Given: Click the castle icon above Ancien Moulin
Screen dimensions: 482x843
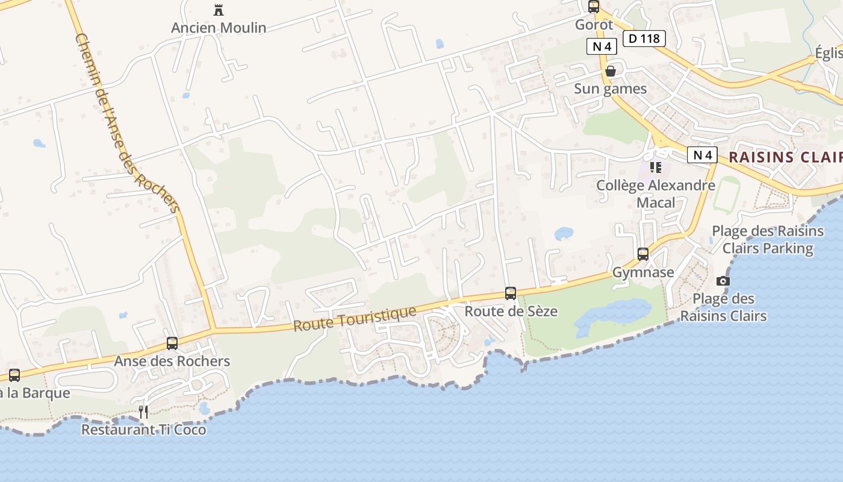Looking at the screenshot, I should (x=218, y=10).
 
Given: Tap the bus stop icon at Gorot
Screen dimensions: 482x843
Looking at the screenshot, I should (x=594, y=7).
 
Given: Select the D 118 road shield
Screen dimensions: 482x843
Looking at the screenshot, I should (x=644, y=39).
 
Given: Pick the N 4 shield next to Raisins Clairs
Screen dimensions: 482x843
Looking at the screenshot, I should (x=702, y=155).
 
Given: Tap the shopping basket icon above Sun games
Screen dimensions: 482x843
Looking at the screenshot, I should (x=611, y=71).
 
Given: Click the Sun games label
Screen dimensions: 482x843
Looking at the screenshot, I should (x=610, y=89).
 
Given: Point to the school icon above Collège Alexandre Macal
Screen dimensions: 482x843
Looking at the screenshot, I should (x=656, y=167).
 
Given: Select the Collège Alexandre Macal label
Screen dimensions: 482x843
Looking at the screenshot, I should (x=656, y=193).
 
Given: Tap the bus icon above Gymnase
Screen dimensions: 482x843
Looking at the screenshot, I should (x=643, y=254).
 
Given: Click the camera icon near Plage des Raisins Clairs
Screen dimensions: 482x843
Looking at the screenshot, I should (x=723, y=281).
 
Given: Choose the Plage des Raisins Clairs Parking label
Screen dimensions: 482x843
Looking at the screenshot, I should (x=768, y=239).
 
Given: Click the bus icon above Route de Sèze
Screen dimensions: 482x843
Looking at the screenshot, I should (x=511, y=293).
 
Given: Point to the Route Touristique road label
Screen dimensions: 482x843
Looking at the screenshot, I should (x=355, y=318).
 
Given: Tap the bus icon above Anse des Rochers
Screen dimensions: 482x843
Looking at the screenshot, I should (x=172, y=343).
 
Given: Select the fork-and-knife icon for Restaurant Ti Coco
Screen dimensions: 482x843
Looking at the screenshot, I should (x=143, y=412).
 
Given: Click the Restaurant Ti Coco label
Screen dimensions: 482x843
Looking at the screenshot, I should (x=143, y=430).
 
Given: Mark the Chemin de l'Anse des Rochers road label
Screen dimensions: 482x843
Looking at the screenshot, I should (x=127, y=124).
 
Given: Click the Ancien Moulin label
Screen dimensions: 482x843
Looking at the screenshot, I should (x=219, y=28).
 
